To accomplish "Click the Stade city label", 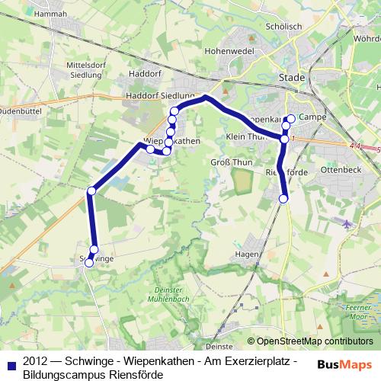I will [x=292, y=78].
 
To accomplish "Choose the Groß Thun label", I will [x=226, y=162].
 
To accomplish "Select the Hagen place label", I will [x=248, y=255].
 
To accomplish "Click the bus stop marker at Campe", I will [x=290, y=118].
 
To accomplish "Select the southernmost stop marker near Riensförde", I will [x=283, y=199].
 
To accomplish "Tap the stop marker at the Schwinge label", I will [x=88, y=263].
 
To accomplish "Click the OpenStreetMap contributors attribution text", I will [x=315, y=341].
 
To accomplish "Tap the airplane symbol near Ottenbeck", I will [x=347, y=223].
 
